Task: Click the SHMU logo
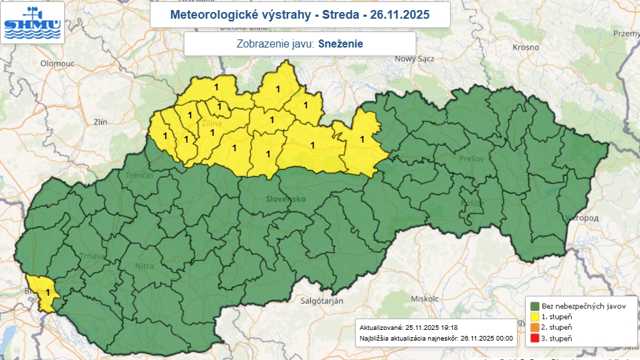coord(33,22)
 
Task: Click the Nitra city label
coord(144,266)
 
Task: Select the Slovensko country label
coord(286,199)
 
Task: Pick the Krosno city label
coord(526,48)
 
